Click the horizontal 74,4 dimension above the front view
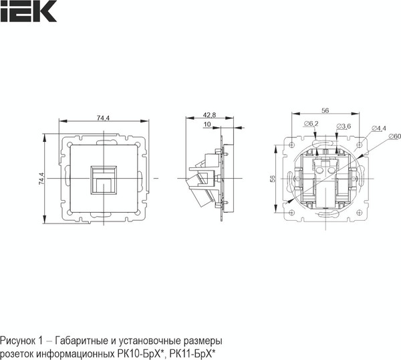(103, 118)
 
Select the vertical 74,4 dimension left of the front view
(41, 179)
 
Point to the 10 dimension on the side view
(207, 124)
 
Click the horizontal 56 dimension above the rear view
(325, 110)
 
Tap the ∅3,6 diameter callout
(344, 126)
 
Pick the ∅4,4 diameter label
(378, 128)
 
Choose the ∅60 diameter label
(393, 137)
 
